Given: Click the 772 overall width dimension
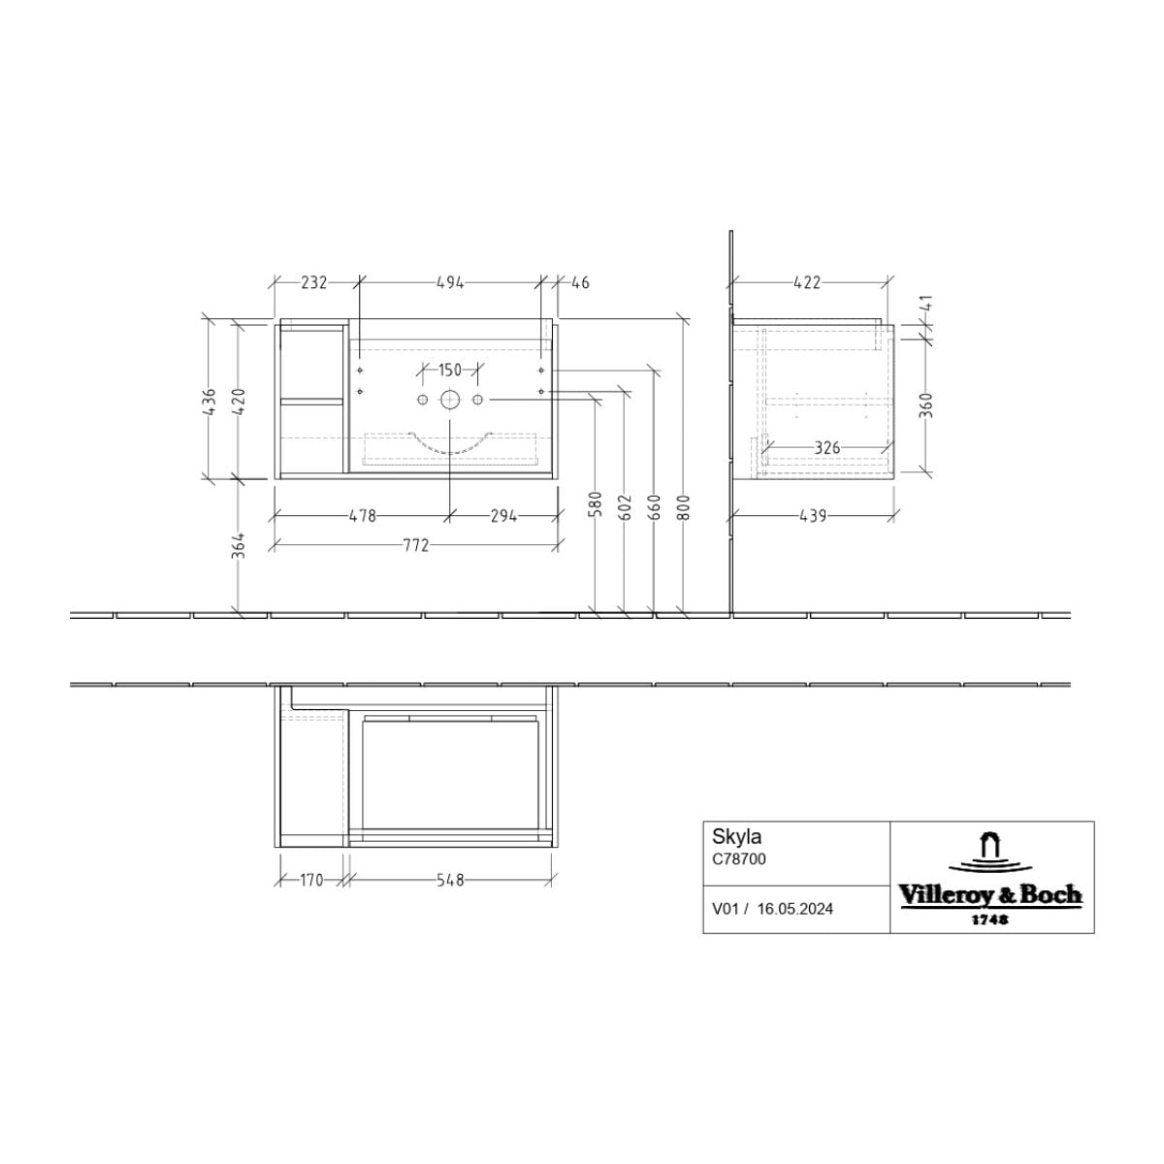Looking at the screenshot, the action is [415, 545].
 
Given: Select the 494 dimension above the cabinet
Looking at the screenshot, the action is [450, 282].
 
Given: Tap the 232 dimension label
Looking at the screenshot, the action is [313, 282].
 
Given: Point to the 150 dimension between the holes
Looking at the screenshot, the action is [449, 369].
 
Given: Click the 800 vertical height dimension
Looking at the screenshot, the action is [684, 507].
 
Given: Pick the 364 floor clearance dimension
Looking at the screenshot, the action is [240, 545].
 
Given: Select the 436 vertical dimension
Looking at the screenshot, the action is [209, 401].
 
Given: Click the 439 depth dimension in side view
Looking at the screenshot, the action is [813, 516].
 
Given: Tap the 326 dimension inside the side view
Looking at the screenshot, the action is [827, 447].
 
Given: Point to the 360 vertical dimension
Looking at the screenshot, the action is [928, 404].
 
